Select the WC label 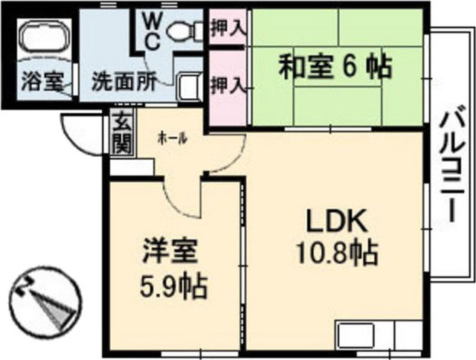coord(149,28)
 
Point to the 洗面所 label coord(122,81)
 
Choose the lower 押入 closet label coord(227,84)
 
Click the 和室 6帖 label coord(335,68)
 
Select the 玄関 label coord(120,135)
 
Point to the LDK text coord(335,221)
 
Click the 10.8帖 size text coord(335,254)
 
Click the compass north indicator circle coord(44,302)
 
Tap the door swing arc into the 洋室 coord(183,196)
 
